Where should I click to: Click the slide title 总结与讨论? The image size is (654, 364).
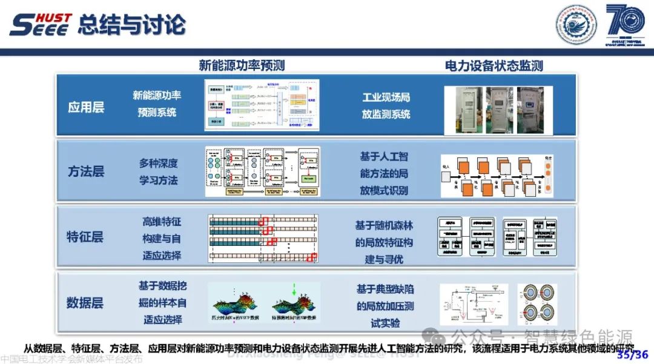131,25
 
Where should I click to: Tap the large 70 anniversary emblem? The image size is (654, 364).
627,24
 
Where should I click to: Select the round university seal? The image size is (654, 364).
576,25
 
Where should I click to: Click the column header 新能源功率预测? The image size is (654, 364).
242,65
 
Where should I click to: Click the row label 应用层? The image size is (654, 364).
86,107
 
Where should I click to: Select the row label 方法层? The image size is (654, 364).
86,171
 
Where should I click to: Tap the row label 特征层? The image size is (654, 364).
85,236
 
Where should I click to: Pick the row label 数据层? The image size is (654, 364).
85,301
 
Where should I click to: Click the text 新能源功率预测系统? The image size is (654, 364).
157,104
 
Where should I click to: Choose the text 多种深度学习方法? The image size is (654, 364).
159,171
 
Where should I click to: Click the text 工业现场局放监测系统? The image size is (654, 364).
386,105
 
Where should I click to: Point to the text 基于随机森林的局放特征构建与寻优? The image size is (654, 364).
384,242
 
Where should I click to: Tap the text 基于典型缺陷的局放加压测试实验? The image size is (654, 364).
385,306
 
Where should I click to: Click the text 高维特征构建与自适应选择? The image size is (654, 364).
162,238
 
